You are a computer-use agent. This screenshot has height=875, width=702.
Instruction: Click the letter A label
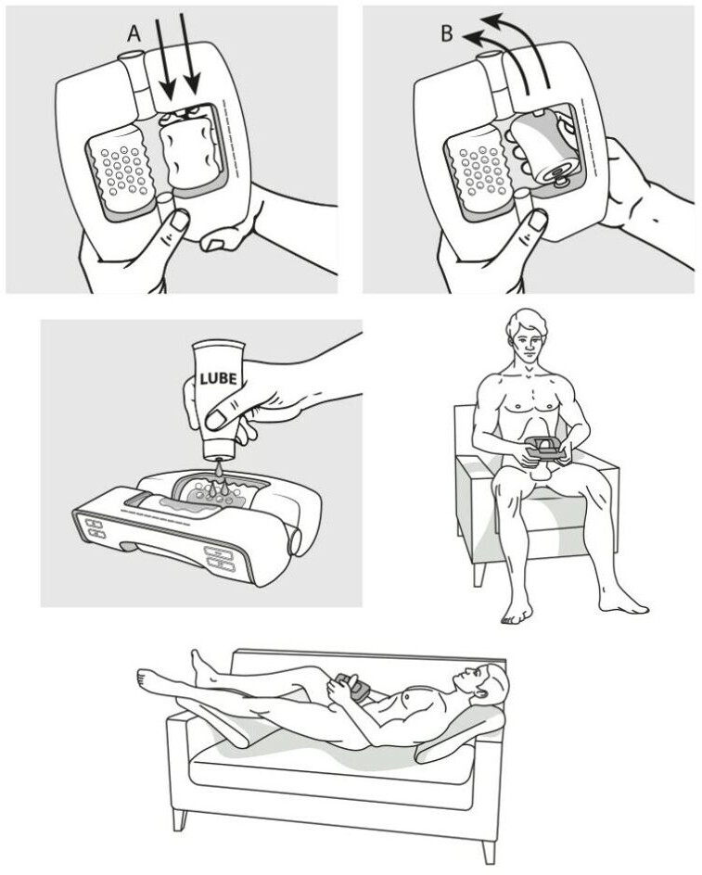[x=134, y=33]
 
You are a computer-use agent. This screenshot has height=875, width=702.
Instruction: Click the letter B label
[x=447, y=33]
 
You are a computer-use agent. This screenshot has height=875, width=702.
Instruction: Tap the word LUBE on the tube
[x=218, y=379]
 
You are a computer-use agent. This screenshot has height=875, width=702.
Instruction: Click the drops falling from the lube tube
[x=220, y=481]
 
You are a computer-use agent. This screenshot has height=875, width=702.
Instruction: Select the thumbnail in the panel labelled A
[x=179, y=222]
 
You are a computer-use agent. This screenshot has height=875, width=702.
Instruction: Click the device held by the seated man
[x=542, y=448]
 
